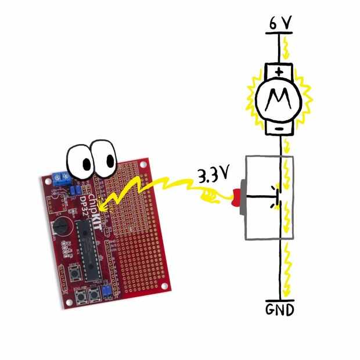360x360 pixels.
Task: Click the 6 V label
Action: tap(280, 24)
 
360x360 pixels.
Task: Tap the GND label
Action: tap(280, 309)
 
